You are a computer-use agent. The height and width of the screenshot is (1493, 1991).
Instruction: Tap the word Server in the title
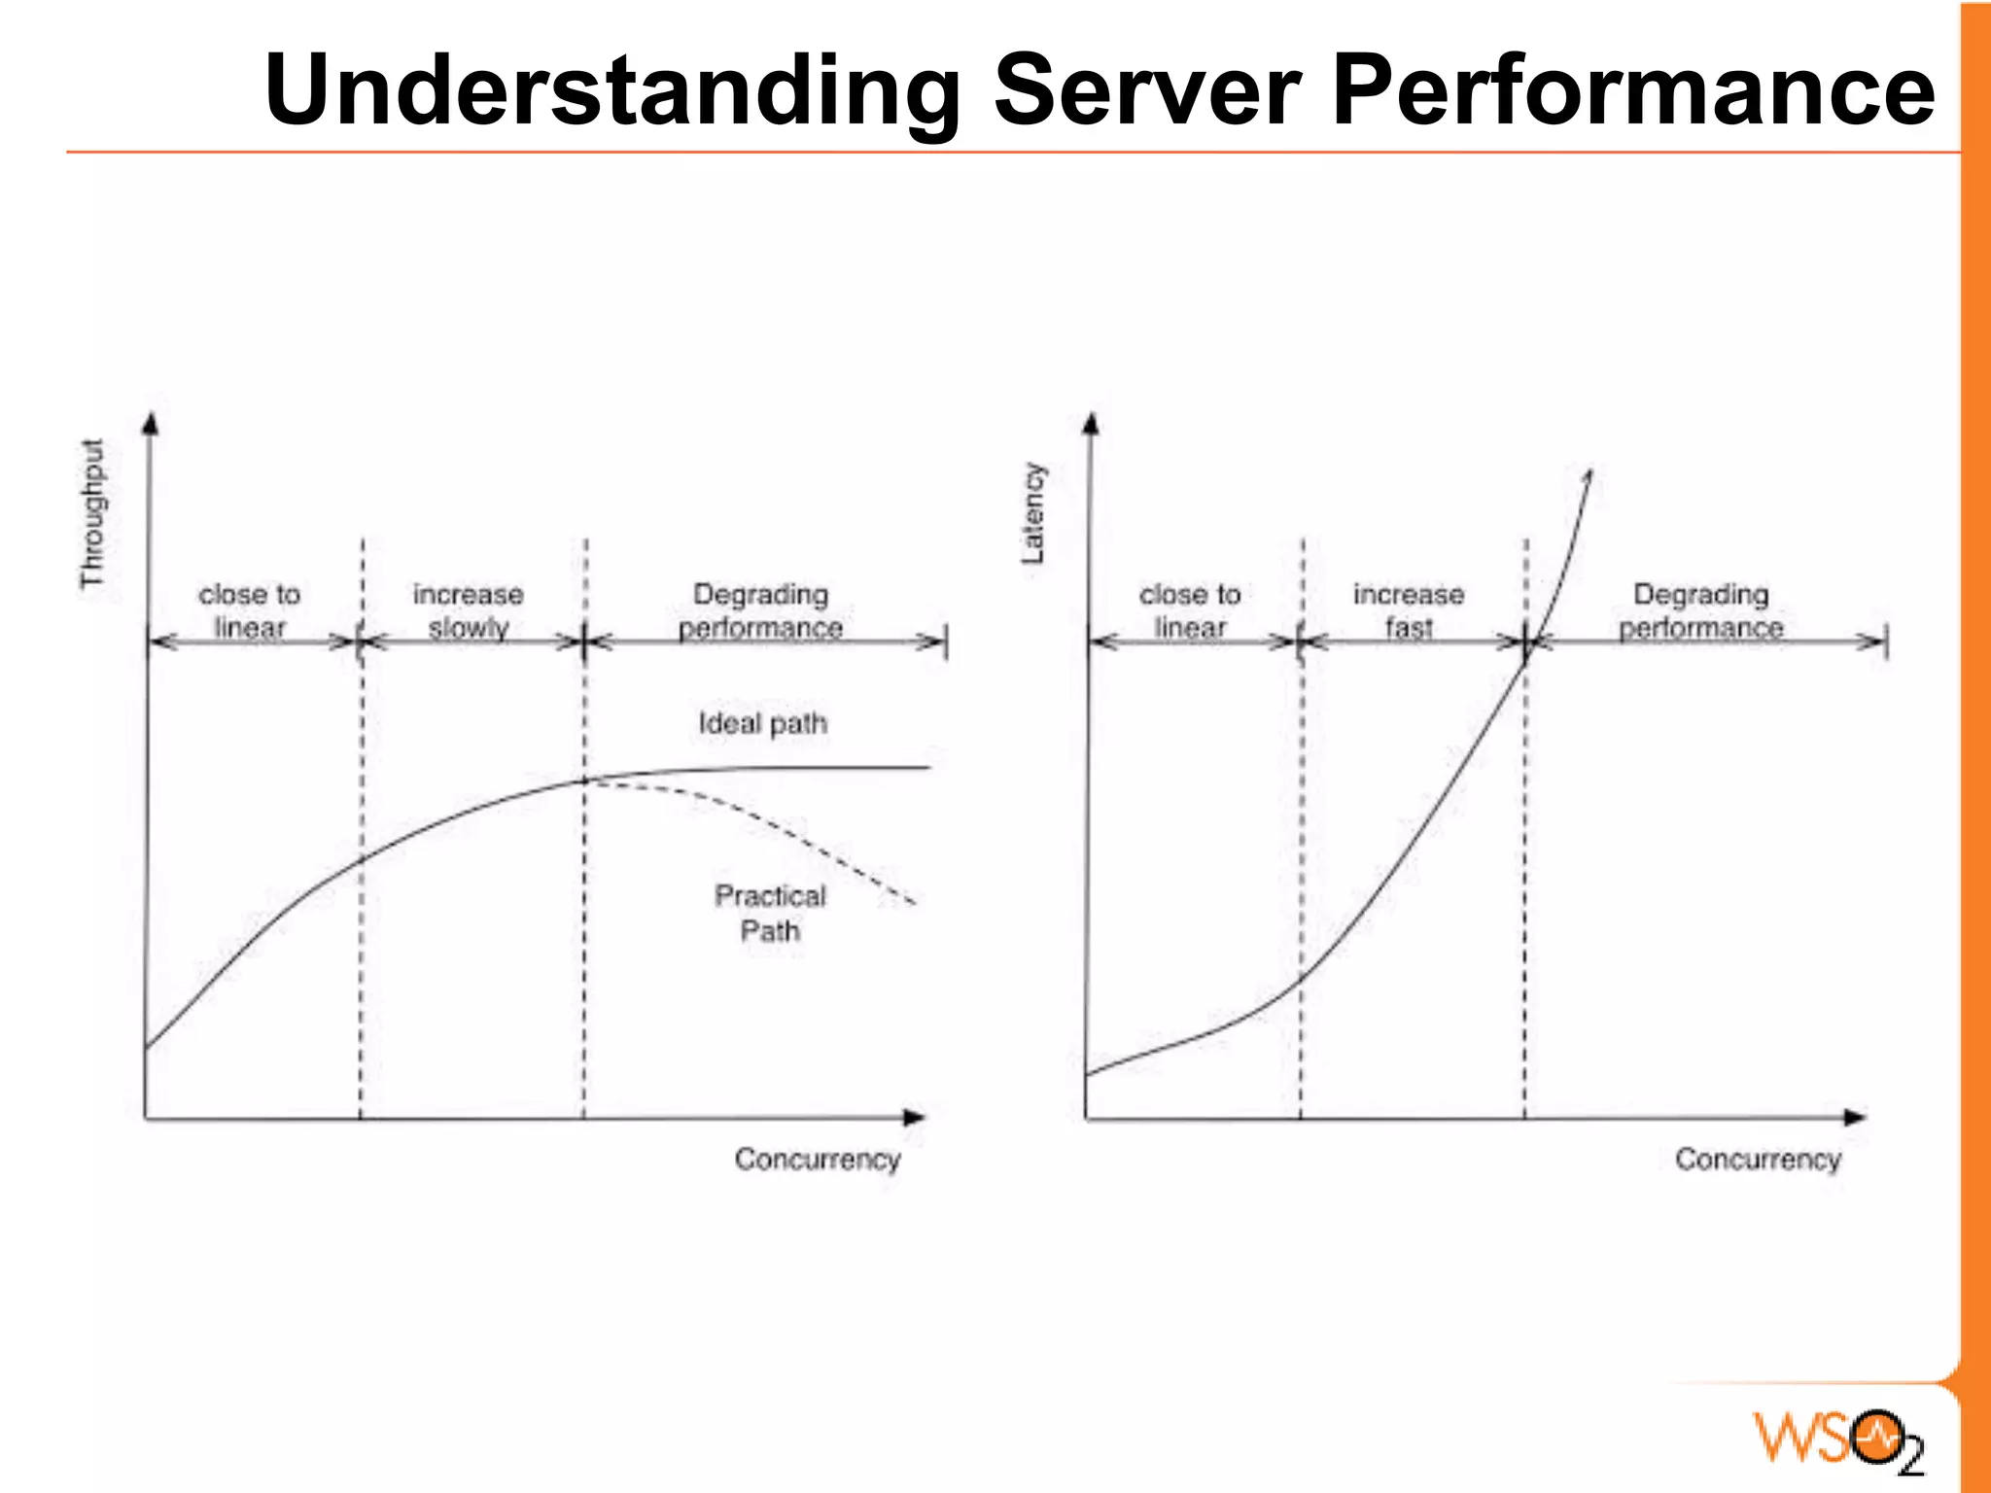click(x=1147, y=89)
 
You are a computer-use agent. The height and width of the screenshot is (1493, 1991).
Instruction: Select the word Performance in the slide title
click(x=1633, y=89)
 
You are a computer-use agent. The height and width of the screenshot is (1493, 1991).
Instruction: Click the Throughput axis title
click(x=92, y=513)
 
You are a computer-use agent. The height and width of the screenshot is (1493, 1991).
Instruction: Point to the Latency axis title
click(x=1033, y=513)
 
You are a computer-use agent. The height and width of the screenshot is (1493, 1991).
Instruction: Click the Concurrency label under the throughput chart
click(x=818, y=1159)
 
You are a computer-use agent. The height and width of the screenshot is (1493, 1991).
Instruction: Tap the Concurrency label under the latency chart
click(x=1758, y=1159)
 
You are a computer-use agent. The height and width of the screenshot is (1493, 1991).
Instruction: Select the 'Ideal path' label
click(x=763, y=723)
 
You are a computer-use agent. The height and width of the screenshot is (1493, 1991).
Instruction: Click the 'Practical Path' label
click(x=770, y=913)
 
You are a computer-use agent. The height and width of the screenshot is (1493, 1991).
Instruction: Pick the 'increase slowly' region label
click(x=469, y=610)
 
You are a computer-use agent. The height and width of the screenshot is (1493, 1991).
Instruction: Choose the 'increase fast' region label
click(x=1409, y=610)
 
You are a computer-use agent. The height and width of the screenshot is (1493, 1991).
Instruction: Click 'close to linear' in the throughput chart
click(x=250, y=610)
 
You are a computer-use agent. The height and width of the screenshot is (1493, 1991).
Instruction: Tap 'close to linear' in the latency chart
click(x=1190, y=610)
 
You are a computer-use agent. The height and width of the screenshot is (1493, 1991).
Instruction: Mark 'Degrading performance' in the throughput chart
click(x=760, y=610)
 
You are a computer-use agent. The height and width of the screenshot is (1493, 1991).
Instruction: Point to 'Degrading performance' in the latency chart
click(x=1701, y=610)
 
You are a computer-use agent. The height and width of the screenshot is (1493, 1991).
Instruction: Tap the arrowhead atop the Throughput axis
click(x=150, y=424)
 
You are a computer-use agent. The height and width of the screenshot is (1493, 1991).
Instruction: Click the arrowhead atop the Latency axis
click(x=1091, y=424)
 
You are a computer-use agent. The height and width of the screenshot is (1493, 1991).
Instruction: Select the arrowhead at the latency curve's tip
click(x=1588, y=476)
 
